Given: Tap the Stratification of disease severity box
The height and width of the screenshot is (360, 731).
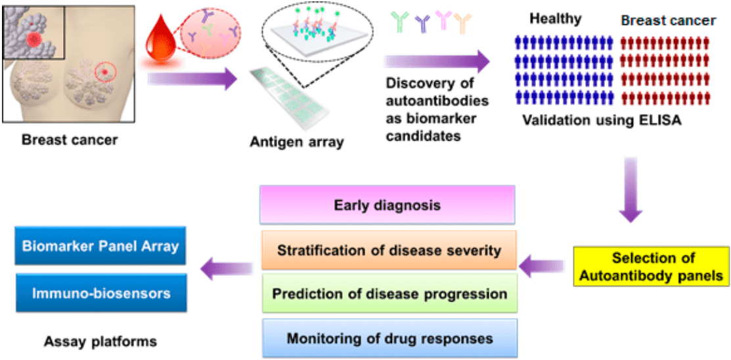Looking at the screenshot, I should point(389,250).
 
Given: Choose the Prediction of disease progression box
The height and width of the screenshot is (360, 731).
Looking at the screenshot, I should point(389,294).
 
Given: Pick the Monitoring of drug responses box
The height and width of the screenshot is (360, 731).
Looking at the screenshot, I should point(389,338).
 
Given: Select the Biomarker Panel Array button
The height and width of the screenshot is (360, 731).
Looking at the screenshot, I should point(100,246).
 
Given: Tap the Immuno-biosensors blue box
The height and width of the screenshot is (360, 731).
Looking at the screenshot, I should point(100,293).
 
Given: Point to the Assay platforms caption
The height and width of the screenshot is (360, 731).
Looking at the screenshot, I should point(100,341).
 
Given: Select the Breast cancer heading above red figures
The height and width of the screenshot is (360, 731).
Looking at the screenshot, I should point(668,20).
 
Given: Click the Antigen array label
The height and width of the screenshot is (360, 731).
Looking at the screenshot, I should point(296,141).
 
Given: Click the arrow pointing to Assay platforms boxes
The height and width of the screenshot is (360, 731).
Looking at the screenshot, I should point(226,267).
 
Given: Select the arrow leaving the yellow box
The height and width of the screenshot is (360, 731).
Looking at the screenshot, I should point(542,267).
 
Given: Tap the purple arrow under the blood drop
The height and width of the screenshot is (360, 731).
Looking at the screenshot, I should point(191,79).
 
